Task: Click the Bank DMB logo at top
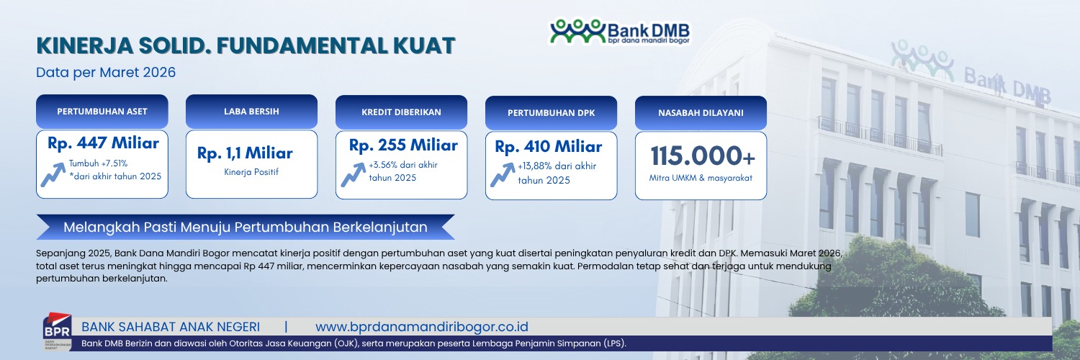pos(620,32)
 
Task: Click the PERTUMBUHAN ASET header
pos(102,112)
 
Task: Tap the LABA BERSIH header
pos(252,112)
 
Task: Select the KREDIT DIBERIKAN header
pos(401,112)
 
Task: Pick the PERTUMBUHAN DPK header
pos(551,113)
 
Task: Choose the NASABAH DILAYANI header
pos(701,113)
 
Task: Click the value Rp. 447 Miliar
pos(103,143)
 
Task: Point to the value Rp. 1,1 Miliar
pos(245,153)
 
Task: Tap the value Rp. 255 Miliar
pos(403,145)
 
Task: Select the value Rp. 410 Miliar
pos(548,146)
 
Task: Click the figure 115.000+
pos(703,156)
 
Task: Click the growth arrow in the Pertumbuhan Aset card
pos(53,174)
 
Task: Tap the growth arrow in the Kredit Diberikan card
pos(353,174)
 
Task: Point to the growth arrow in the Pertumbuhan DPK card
pos(503,174)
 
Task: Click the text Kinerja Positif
pos(251,172)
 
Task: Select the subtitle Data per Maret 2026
pos(106,72)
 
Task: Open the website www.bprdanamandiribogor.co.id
pos(422,327)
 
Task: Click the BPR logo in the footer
pos(58,332)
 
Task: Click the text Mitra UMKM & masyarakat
pos(701,178)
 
